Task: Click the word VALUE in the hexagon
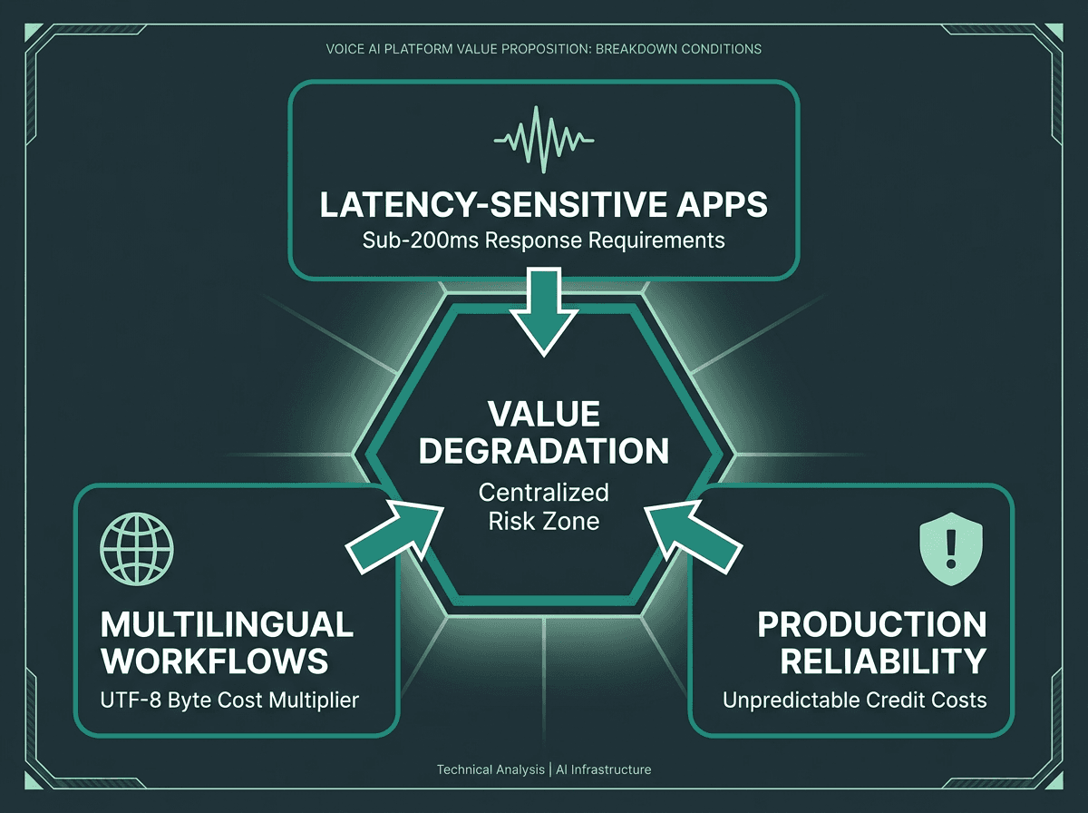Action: click(543, 414)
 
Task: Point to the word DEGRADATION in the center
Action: click(543, 450)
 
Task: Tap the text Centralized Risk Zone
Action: click(543, 507)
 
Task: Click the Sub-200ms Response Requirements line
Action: click(543, 240)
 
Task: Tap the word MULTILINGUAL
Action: click(227, 624)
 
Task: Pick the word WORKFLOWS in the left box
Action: click(214, 661)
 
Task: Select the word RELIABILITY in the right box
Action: click(883, 661)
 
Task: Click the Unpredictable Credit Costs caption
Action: click(854, 700)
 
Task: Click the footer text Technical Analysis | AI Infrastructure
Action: click(543, 769)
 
